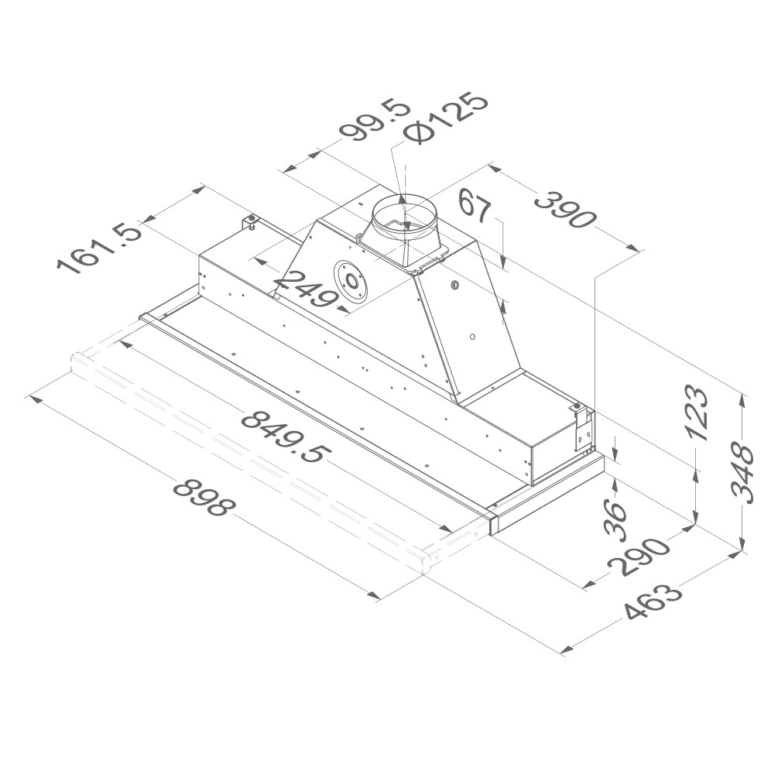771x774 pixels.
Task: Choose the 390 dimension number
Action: (566, 211)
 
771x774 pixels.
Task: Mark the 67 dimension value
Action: (475, 207)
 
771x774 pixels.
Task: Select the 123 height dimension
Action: (697, 413)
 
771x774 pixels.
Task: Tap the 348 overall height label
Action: (742, 474)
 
